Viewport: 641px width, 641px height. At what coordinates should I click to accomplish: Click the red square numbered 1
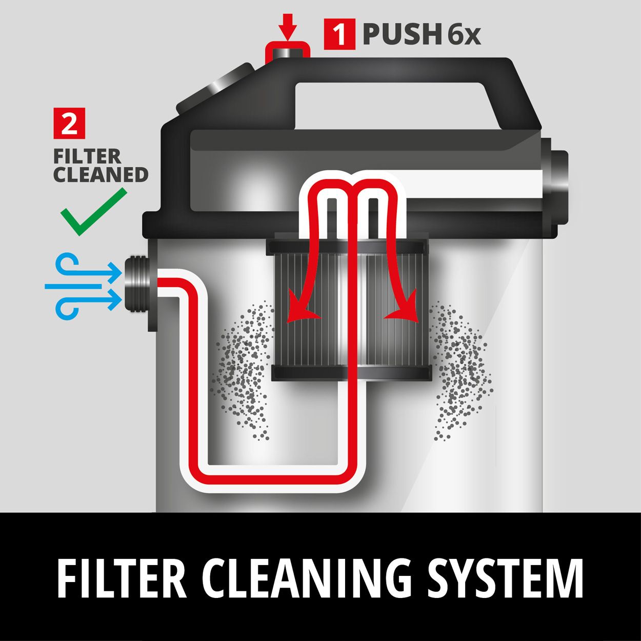[x=339, y=34]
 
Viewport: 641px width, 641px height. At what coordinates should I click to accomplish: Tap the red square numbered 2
[x=69, y=124]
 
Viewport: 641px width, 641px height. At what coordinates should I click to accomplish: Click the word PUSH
[x=402, y=34]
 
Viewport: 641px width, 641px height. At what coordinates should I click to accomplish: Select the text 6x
[x=464, y=34]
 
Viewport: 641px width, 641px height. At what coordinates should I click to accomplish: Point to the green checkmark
[x=94, y=212]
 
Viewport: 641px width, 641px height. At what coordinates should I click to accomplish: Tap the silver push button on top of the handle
[x=287, y=52]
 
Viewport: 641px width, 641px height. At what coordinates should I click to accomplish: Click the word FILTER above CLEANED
[x=88, y=156]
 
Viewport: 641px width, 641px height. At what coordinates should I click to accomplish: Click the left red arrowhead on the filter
[x=301, y=309]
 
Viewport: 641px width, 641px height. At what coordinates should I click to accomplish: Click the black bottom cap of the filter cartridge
[x=352, y=373]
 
